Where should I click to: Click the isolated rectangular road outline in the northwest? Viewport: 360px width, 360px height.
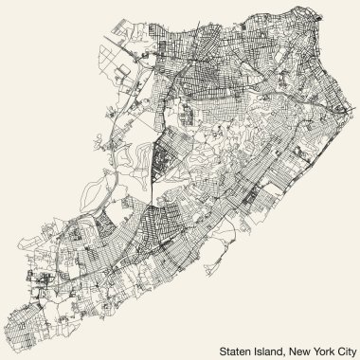pos(126,70)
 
